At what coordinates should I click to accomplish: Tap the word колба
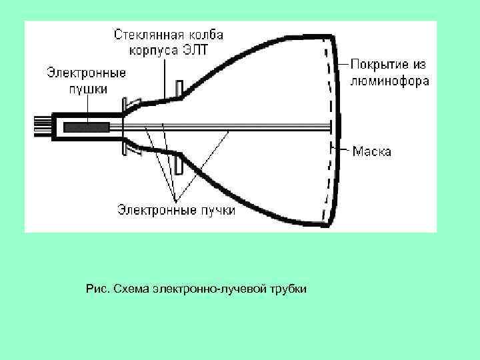205,34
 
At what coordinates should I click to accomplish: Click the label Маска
372,151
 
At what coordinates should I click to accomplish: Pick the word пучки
217,211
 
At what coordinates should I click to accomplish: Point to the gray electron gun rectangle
87,125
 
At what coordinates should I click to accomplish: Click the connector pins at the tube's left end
41,125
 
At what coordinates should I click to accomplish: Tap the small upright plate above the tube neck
178,89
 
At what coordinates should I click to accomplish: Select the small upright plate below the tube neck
178,161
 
